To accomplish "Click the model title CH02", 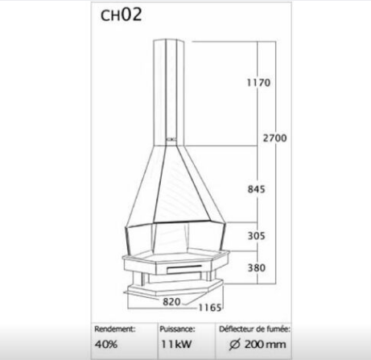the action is (121, 15).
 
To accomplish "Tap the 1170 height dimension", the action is (258, 83).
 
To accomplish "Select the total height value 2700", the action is (274, 138).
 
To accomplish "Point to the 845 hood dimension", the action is (256, 189).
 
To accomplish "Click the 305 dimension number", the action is (256, 236).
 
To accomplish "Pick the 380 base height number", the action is (256, 267).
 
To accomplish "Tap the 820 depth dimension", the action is (171, 302).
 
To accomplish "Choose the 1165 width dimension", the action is (210, 308).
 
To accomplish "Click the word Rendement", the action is (115, 329).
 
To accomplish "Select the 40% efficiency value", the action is (106, 344).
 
